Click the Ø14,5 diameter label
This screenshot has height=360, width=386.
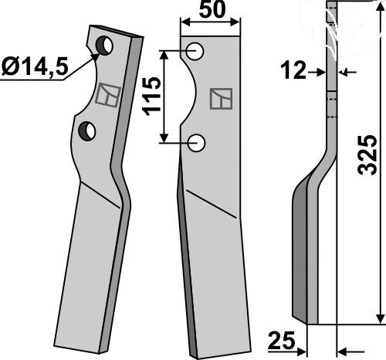pos(35,66)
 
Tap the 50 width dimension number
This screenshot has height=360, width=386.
pos(212,9)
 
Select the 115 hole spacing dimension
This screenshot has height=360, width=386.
pos(152,97)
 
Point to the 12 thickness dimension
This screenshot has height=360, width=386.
pos(293,70)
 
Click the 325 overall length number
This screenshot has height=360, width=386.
pos(367,155)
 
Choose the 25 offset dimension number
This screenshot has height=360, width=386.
pos(281,340)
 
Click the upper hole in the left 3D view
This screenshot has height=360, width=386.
pos(104,46)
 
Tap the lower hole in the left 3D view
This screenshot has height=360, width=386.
pos(87,131)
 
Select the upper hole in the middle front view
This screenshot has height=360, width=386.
pos(195,51)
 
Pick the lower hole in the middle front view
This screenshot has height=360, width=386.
pos(196,143)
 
